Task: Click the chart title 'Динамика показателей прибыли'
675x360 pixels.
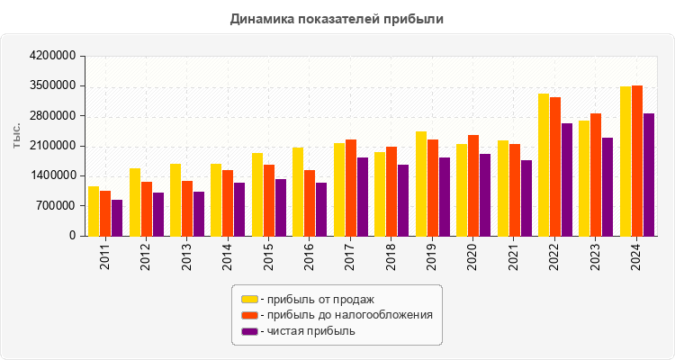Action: coord(337,18)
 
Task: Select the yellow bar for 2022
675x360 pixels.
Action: coord(544,165)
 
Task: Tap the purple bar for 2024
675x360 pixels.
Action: coord(649,175)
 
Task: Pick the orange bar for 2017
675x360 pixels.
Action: coord(351,187)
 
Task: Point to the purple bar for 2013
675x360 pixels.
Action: coord(199,213)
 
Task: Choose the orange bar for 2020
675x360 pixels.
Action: coord(473,185)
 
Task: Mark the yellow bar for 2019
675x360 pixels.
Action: coord(421,184)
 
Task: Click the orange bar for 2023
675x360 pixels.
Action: coord(596,175)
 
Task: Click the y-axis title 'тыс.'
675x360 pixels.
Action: coord(17,136)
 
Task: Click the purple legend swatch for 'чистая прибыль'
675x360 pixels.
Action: coord(249,331)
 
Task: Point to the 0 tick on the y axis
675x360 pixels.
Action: coord(72,236)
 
